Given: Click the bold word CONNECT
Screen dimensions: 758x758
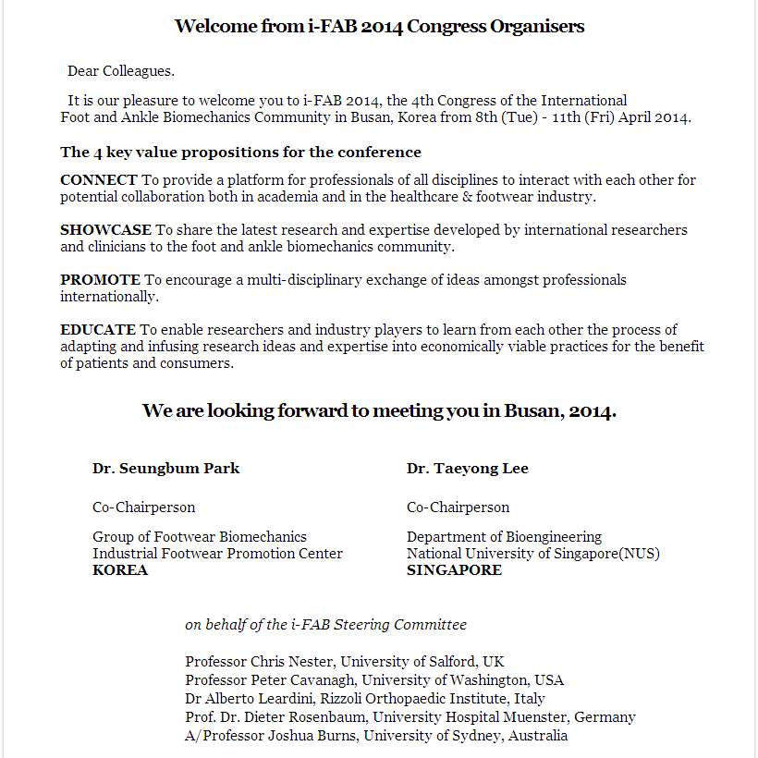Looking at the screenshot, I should (x=99, y=179).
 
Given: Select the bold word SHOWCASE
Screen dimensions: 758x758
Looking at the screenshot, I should (x=105, y=229).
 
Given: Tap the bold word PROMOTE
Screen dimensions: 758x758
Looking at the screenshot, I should (x=101, y=279).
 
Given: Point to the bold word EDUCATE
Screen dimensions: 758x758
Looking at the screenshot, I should (x=98, y=329).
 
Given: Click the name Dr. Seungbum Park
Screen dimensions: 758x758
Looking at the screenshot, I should (x=165, y=468).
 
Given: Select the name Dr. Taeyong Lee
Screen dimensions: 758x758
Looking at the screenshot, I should (x=467, y=468).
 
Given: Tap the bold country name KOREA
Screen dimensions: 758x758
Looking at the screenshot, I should (x=120, y=569).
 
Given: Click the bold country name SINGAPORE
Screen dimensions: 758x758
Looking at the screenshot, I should (x=454, y=569).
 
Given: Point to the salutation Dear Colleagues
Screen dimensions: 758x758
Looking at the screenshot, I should (x=121, y=71).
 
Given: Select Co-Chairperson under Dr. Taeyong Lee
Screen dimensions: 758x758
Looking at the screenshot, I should (x=458, y=507).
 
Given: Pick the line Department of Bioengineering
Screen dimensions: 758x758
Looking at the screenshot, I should (x=504, y=536).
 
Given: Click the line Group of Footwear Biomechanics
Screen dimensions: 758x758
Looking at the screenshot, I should (x=200, y=536).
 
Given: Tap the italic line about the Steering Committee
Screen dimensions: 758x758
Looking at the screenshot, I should (x=325, y=624).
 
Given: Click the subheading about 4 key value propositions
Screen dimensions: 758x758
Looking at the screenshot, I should (x=240, y=152).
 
